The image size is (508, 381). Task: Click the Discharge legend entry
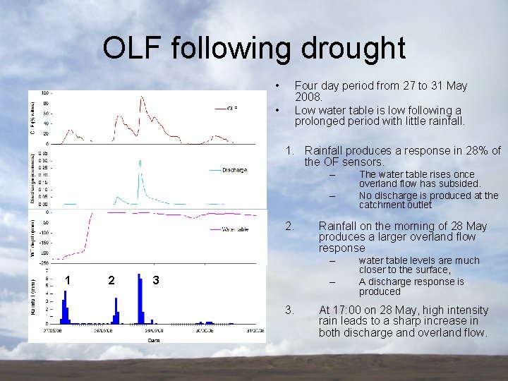(234, 170)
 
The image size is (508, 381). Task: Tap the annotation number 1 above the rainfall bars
(67, 280)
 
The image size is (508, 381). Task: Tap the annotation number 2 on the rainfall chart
(111, 280)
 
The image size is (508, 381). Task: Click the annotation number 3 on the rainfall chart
(156, 280)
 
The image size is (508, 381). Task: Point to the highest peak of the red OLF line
(141, 97)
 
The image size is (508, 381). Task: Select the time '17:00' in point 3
(346, 310)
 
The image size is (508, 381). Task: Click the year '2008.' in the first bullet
(308, 97)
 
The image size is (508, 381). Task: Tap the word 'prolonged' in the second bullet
(320, 121)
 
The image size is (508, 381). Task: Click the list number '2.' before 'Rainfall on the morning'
(289, 226)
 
